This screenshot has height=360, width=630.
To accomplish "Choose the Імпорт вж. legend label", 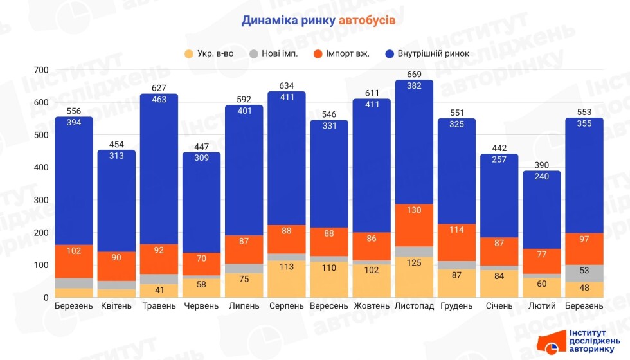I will tap(348, 53).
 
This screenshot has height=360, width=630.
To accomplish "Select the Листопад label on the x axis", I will tap(415, 306).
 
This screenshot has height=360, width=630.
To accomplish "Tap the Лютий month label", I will tap(542, 306).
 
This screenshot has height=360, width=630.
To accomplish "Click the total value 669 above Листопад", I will tap(415, 75).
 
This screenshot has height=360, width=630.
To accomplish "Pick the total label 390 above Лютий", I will tap(542, 165).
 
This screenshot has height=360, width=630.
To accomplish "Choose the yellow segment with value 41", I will tap(159, 291).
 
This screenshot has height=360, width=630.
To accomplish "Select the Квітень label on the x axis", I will tap(117, 306).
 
